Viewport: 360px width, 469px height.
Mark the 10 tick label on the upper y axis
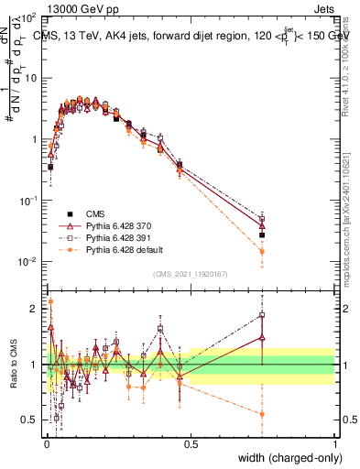tap(30, 78)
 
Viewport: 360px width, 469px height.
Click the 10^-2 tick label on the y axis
tap(27, 262)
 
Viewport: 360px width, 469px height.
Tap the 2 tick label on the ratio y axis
tap(35, 309)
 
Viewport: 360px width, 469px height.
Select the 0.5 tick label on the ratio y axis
tap(30, 420)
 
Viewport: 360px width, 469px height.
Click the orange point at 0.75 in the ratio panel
tap(262, 414)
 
